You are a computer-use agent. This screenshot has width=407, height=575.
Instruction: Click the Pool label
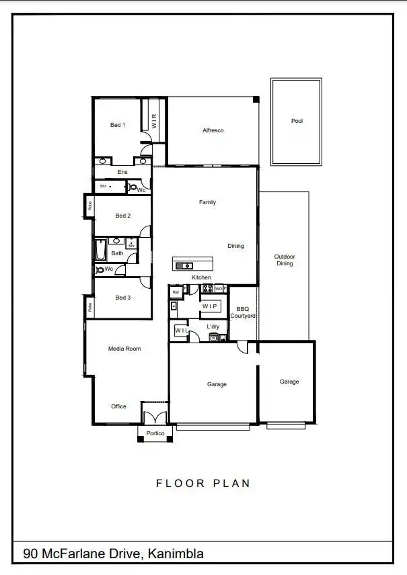tap(297, 122)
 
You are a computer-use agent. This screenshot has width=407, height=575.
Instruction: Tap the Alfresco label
tap(213, 130)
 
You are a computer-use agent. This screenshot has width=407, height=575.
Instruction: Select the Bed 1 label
tap(118, 125)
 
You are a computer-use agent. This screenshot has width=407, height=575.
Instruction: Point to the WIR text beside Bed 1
tap(154, 121)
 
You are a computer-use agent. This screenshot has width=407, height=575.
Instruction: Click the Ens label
tap(122, 173)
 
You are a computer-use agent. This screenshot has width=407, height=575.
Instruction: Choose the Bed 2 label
tap(122, 216)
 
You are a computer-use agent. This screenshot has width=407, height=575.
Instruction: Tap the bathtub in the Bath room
tap(100, 250)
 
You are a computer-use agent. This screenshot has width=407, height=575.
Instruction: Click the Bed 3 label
tap(122, 298)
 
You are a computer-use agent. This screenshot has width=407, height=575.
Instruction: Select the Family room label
tap(207, 202)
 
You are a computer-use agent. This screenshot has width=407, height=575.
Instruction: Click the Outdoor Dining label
tap(285, 260)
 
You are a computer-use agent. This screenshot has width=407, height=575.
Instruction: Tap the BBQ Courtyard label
tap(243, 312)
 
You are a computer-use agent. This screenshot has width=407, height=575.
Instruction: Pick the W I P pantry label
tap(211, 306)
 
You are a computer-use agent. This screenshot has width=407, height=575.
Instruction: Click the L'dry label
tap(213, 327)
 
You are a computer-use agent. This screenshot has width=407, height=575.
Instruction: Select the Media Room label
tap(124, 349)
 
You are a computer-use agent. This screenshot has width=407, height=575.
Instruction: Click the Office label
tap(119, 406)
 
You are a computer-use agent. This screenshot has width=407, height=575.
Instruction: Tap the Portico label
tap(155, 434)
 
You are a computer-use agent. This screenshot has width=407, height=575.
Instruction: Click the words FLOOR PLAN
tap(203, 483)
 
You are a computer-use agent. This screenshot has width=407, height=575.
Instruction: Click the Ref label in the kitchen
tap(176, 292)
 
